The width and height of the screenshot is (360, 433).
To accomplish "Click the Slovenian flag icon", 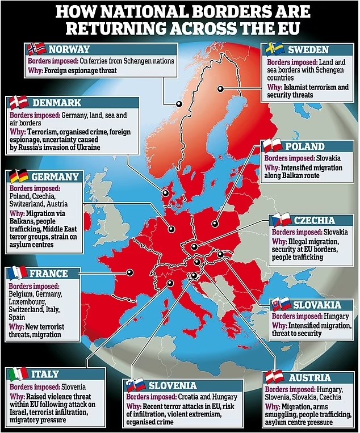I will pos(135,385).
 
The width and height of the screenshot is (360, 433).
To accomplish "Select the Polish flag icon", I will pos(273,145).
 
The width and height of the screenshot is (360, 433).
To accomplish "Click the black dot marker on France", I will pos(130,272).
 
